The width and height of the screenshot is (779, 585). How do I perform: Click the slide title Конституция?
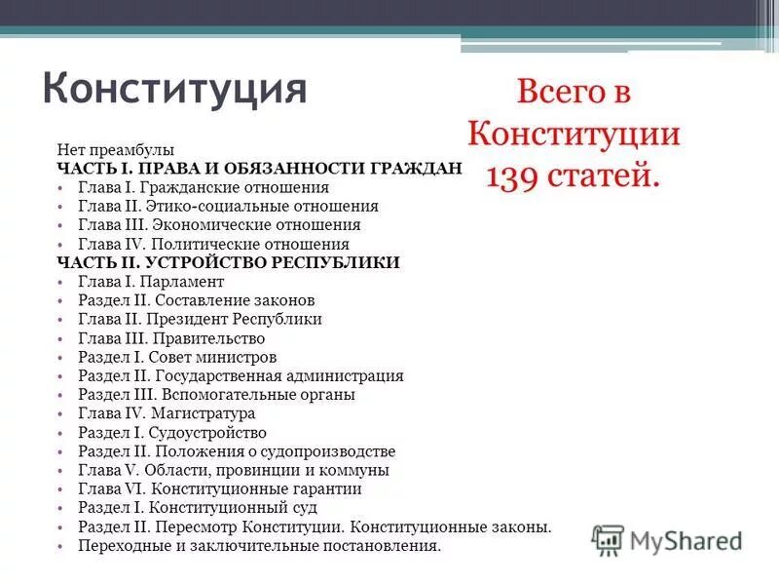click(175, 89)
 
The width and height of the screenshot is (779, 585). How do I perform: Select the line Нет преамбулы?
click(115, 149)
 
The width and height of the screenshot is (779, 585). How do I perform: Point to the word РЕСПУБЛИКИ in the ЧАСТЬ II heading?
click(343, 263)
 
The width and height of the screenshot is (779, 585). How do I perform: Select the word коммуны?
click(358, 471)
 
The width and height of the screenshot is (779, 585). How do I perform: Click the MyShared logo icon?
click(608, 539)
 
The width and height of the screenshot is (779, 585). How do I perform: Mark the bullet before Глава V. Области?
click(60, 471)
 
